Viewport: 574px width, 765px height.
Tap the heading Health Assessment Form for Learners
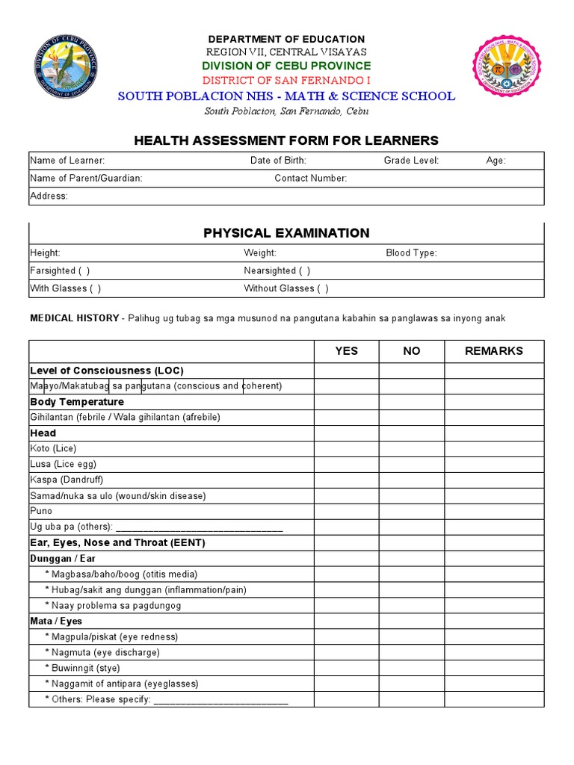[x=286, y=140]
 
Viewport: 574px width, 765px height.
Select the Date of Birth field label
[x=278, y=161]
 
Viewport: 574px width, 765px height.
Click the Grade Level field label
[x=411, y=161]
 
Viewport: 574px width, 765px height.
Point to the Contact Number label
[x=310, y=179]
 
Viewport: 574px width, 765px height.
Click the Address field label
[x=49, y=196]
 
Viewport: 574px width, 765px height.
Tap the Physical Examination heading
[x=286, y=233]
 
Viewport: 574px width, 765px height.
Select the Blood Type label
[x=411, y=253]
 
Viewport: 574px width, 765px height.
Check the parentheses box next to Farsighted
[x=84, y=271]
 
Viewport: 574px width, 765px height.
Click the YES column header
[x=346, y=351]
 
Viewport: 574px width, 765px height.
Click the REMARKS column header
[x=494, y=351]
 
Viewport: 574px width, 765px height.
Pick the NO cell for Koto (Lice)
[x=411, y=449]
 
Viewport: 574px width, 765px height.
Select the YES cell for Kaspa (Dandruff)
[x=346, y=480]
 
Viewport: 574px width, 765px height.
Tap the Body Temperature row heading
[x=76, y=402]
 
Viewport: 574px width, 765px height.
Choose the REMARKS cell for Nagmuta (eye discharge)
[x=494, y=652]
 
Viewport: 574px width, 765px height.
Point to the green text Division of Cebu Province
[x=286, y=66]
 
